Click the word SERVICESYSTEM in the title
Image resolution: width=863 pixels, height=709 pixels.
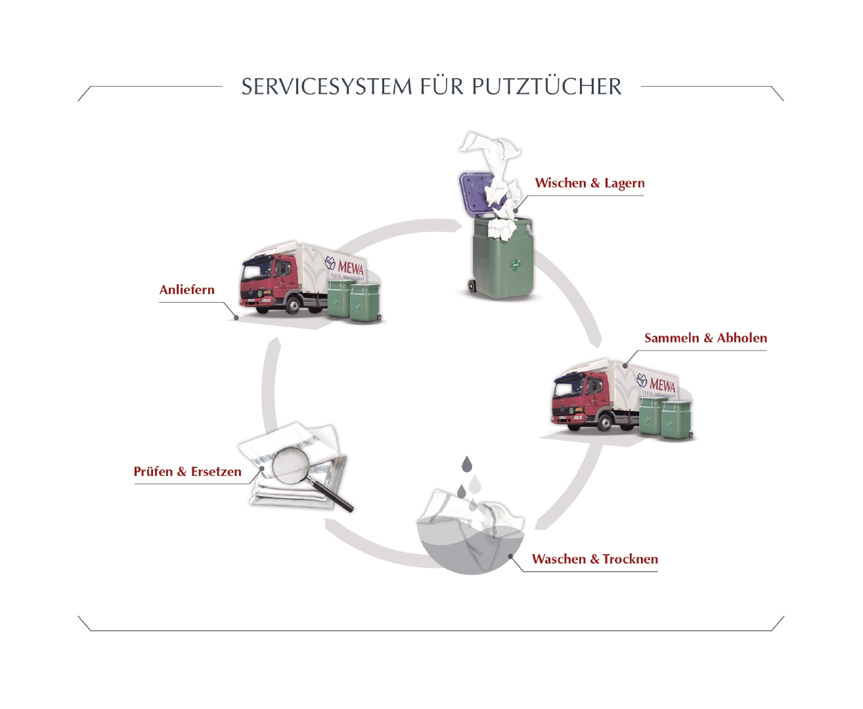326,87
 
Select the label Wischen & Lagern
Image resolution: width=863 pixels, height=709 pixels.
589,183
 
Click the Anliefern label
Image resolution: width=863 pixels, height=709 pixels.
187,290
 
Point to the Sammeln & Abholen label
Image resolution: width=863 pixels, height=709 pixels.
705,338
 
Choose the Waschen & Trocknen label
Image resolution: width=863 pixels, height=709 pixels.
594,559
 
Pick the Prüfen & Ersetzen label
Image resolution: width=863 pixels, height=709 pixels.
187,471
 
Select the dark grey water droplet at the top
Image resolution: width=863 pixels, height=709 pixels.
467,464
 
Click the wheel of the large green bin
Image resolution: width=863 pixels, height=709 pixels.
472,286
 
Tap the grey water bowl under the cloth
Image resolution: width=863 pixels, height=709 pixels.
460,551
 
